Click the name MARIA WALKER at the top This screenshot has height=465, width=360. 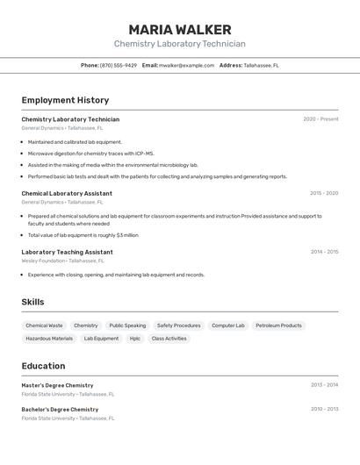pos(179,30)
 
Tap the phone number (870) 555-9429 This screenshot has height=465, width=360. pos(119,65)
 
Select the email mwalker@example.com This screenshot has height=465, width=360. pos(186,65)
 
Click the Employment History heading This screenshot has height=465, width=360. pos(65,100)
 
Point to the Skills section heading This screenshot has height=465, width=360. pos(32,302)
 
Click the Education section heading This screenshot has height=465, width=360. pos(43,366)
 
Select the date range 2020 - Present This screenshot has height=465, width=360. pos(320,119)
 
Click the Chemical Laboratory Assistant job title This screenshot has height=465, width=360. pos(67,193)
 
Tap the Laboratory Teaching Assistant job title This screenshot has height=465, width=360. pos(67,252)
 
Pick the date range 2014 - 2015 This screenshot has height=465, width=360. pos(324,252)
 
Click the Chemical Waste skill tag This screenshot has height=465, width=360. pos(44,325)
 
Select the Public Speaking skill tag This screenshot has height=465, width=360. pos(127,325)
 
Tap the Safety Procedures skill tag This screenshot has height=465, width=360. pos(178,325)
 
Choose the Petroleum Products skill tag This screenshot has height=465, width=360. pos(278,325)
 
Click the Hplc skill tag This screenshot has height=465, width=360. pos(134,338)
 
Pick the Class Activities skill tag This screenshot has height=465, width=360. pos(169,338)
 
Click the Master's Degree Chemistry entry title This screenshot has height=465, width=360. pos(57,385)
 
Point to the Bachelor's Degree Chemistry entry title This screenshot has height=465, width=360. pos(60,409)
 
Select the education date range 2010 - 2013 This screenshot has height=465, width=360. pos(324,409)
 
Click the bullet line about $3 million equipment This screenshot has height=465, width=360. pos(83,235)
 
